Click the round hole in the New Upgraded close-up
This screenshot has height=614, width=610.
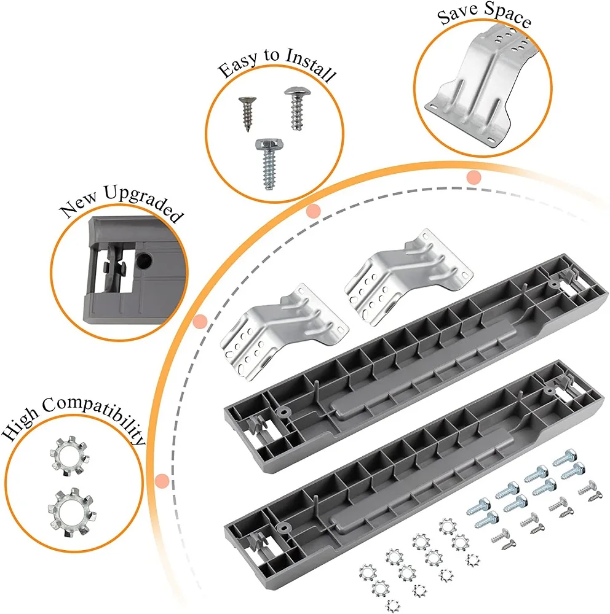pos(146,261)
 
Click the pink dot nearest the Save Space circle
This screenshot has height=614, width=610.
pos(473,177)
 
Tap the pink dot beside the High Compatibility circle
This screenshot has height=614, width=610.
pos(162,480)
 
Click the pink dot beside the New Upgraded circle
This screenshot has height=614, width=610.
pos(199,321)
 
